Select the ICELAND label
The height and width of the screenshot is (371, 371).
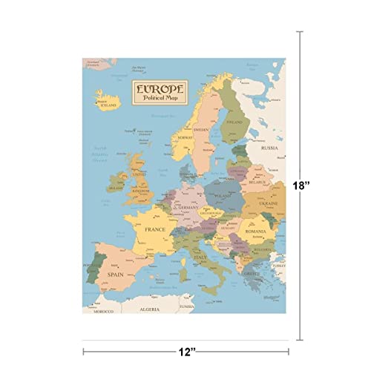tap(108, 105)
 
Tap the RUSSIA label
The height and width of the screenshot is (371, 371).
tap(269, 148)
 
